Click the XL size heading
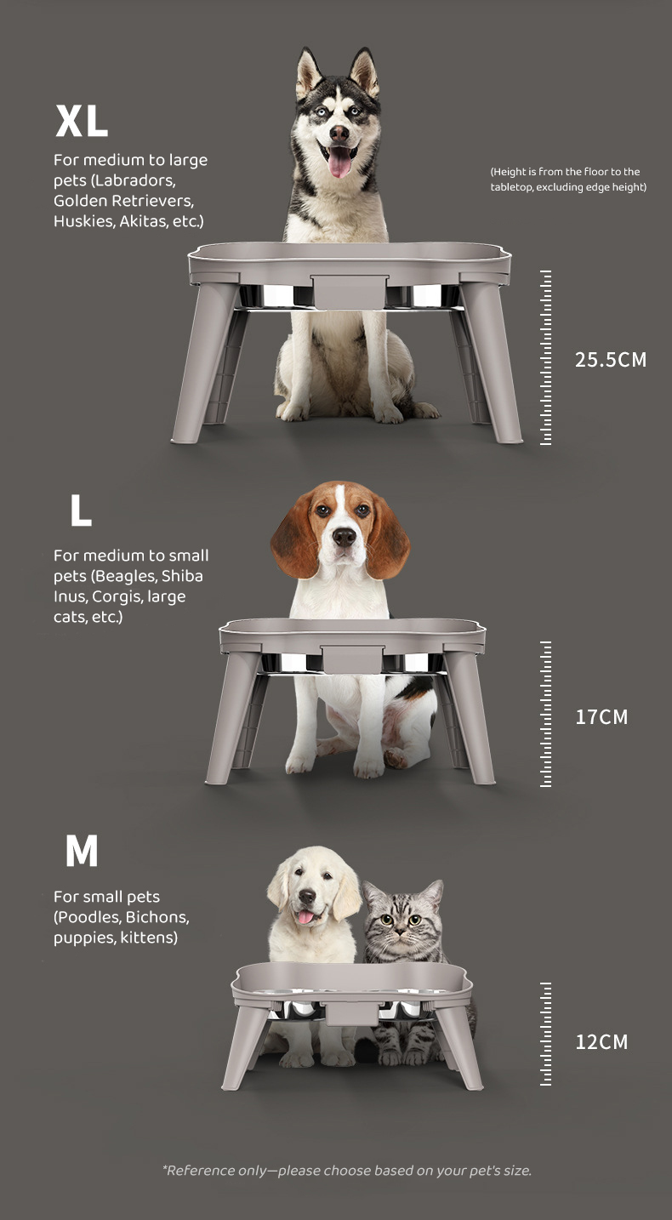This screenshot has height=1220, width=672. [x=82, y=121]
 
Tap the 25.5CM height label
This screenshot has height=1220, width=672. [x=611, y=360]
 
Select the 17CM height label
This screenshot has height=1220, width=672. [x=601, y=716]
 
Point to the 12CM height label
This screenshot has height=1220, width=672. [x=601, y=1042]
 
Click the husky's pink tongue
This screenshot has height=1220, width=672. [x=339, y=162]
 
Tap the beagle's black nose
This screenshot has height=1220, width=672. [x=345, y=537]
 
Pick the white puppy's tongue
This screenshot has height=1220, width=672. [x=305, y=917]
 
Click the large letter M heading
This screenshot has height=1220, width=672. [x=82, y=851]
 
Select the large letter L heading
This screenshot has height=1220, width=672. [x=81, y=510]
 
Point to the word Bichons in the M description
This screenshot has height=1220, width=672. [x=157, y=917]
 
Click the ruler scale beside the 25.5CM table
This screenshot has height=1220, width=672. [x=545, y=357]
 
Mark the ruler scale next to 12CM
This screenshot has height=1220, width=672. [x=545, y=1035]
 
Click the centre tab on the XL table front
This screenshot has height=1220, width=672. [x=349, y=291]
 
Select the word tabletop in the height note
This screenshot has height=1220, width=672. [x=511, y=187]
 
